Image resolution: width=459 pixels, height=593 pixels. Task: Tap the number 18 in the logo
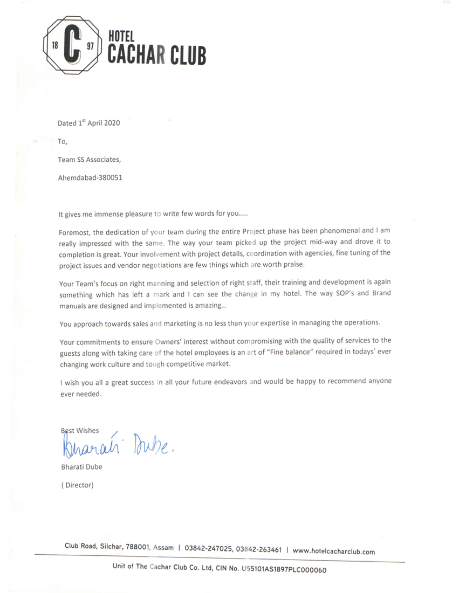pos(54,46)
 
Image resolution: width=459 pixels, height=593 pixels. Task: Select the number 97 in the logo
pos(90,46)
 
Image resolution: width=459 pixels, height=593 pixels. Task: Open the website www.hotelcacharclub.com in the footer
pos(334,551)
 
